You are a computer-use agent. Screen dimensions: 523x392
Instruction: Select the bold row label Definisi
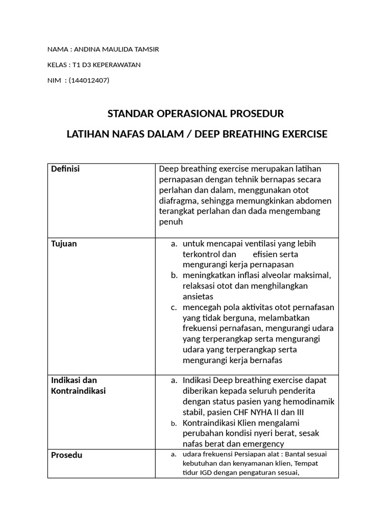pos(65,169)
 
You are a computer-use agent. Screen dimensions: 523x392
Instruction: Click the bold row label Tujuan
pos(64,244)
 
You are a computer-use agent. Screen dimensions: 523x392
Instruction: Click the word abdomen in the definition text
pos(314,201)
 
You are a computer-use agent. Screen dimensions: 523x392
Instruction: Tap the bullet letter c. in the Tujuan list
pos(174,307)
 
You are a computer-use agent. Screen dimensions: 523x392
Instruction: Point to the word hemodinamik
pos(310,401)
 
